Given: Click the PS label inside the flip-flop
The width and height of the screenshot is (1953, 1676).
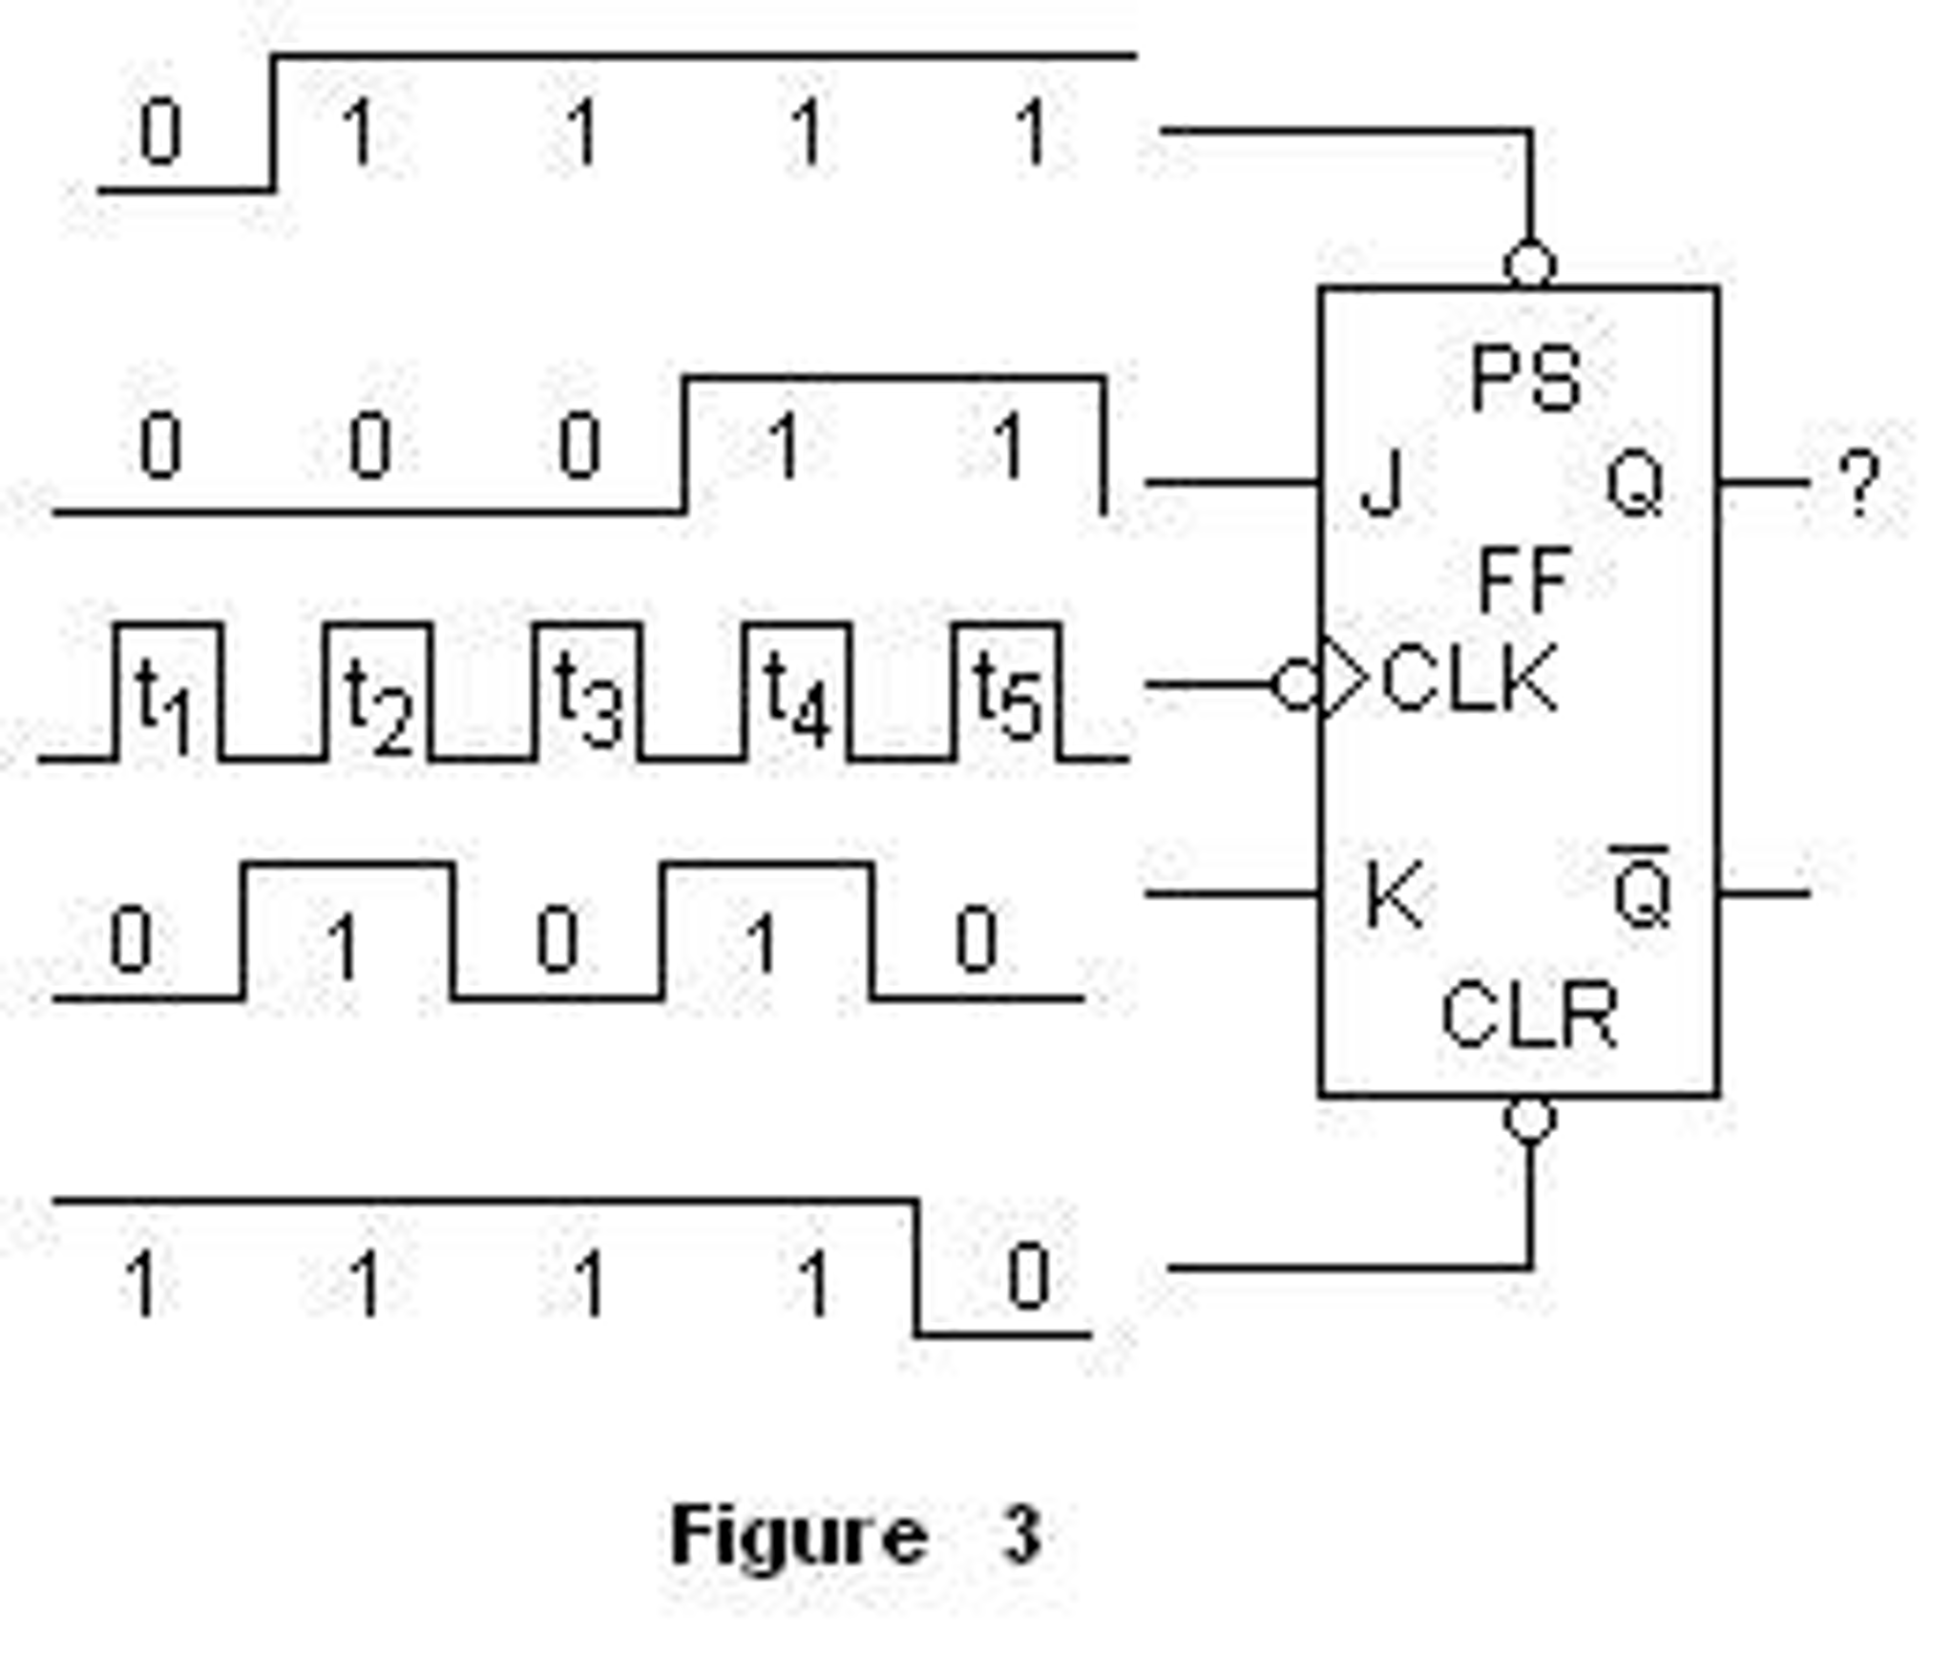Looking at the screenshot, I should [x=1524, y=379].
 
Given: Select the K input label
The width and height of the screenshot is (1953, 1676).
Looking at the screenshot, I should [x=1394, y=894].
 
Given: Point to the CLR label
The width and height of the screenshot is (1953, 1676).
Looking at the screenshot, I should [x=1528, y=1016].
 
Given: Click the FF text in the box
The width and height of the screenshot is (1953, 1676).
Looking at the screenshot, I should [x=1523, y=579].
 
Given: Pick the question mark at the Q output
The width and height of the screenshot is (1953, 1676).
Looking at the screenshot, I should [x=1858, y=484].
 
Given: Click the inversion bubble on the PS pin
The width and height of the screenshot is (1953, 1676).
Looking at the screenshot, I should [x=1529, y=264].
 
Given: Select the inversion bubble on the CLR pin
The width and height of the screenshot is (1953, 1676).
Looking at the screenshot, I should [x=1529, y=1119].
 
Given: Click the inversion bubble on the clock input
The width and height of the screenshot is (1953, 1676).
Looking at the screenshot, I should [x=1295, y=684].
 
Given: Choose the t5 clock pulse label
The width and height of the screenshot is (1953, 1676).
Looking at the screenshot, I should [x=1006, y=699].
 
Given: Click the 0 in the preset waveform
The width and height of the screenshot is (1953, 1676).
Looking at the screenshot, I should [x=160, y=133].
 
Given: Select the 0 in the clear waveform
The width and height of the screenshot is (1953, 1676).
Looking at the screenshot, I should [x=1029, y=1277].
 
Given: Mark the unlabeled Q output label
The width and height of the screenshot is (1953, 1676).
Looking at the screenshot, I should [x=1635, y=484].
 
